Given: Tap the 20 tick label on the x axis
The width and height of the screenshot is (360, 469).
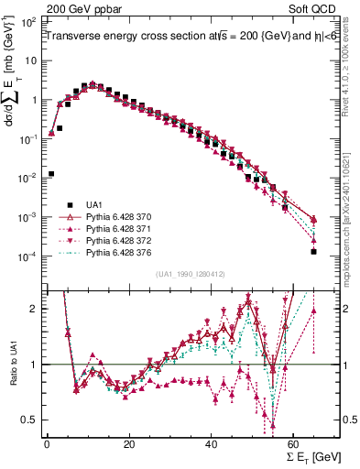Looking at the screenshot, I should pyautogui.click(x=129, y=445).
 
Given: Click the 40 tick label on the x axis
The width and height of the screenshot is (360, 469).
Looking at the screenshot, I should pyautogui.click(x=212, y=445).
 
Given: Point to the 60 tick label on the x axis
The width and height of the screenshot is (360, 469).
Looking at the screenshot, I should pyautogui.click(x=294, y=445).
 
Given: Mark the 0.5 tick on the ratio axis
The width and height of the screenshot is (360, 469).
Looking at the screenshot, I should pyautogui.click(x=31, y=420).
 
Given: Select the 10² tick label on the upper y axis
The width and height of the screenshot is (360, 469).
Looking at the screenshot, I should pyautogui.click(x=29, y=20).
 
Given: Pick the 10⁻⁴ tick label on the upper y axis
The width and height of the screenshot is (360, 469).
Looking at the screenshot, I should pyautogui.click(x=29, y=256).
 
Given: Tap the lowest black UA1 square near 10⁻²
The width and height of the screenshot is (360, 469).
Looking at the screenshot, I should pyautogui.click(x=51, y=173).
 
